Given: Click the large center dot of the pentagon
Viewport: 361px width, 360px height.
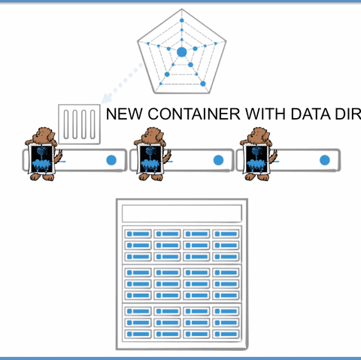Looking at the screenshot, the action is (x=182, y=52).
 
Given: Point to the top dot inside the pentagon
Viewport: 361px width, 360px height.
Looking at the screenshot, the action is (x=182, y=20).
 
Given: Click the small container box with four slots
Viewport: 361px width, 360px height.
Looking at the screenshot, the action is (x=79, y=124).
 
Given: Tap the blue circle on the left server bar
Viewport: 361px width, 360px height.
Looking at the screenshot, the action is (x=111, y=160).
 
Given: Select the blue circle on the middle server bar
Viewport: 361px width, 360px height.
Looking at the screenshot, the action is (x=218, y=160).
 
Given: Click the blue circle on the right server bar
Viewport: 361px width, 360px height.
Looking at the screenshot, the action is (x=325, y=160).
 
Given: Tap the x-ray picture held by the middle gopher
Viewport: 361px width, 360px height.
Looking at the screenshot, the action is (x=150, y=159).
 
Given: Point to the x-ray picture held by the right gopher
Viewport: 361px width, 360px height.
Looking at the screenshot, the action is (x=256, y=159).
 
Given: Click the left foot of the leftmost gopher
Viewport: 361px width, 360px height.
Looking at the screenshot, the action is (x=35, y=177).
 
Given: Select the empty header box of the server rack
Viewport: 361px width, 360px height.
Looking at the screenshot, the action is (x=182, y=213).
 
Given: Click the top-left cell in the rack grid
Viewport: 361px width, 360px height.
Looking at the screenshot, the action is (x=138, y=234).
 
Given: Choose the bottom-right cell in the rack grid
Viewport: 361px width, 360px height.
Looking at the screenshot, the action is (x=226, y=334).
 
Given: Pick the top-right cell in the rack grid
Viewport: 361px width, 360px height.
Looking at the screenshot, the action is (x=226, y=234).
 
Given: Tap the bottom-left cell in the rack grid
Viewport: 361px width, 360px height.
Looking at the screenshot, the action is (x=138, y=334).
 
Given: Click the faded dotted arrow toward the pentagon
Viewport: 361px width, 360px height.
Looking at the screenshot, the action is (x=123, y=82).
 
